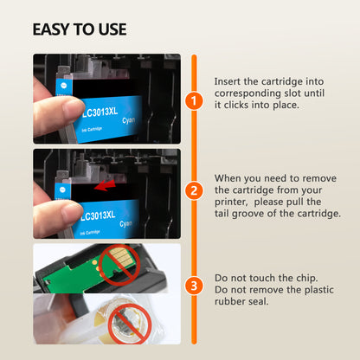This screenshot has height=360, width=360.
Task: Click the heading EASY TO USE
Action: [80, 29]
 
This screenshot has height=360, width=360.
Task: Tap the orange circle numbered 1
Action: [194, 101]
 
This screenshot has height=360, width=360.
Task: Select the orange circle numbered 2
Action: [194, 190]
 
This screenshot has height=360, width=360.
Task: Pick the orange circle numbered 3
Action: [194, 286]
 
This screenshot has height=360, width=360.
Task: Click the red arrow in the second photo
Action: [106, 185]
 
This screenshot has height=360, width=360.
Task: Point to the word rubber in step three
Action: [227, 301]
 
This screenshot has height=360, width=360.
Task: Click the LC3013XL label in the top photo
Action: [100, 112]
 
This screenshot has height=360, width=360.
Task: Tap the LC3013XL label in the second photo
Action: [98, 215]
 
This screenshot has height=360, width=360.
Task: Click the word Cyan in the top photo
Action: [128, 120]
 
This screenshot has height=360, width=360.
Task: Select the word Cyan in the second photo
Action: [126, 224]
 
